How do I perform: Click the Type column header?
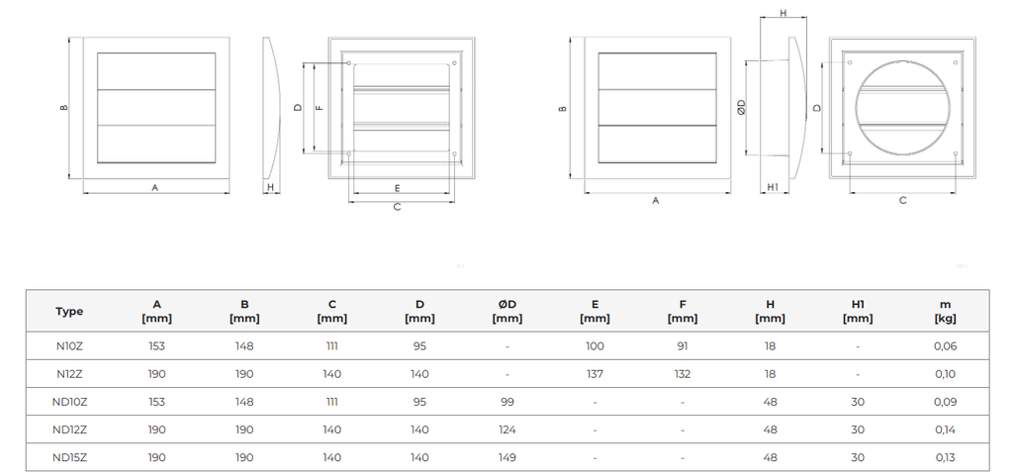(x=69, y=311)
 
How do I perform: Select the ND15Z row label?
(x=69, y=457)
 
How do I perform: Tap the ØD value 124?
(x=506, y=429)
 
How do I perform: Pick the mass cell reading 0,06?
(x=945, y=346)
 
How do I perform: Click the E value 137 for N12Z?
(x=595, y=374)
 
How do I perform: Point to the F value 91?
(x=683, y=346)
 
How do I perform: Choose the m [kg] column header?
(x=945, y=311)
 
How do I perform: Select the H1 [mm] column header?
(x=858, y=311)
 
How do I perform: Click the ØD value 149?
(x=506, y=457)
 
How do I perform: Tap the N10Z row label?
(x=69, y=346)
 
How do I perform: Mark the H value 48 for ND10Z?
(x=770, y=402)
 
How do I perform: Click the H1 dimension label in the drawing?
(x=774, y=186)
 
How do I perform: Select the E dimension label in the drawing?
(x=397, y=187)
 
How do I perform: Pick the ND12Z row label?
(x=69, y=429)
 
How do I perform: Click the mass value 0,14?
(x=945, y=429)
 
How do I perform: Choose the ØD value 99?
(x=506, y=402)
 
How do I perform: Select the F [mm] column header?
(x=683, y=311)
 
